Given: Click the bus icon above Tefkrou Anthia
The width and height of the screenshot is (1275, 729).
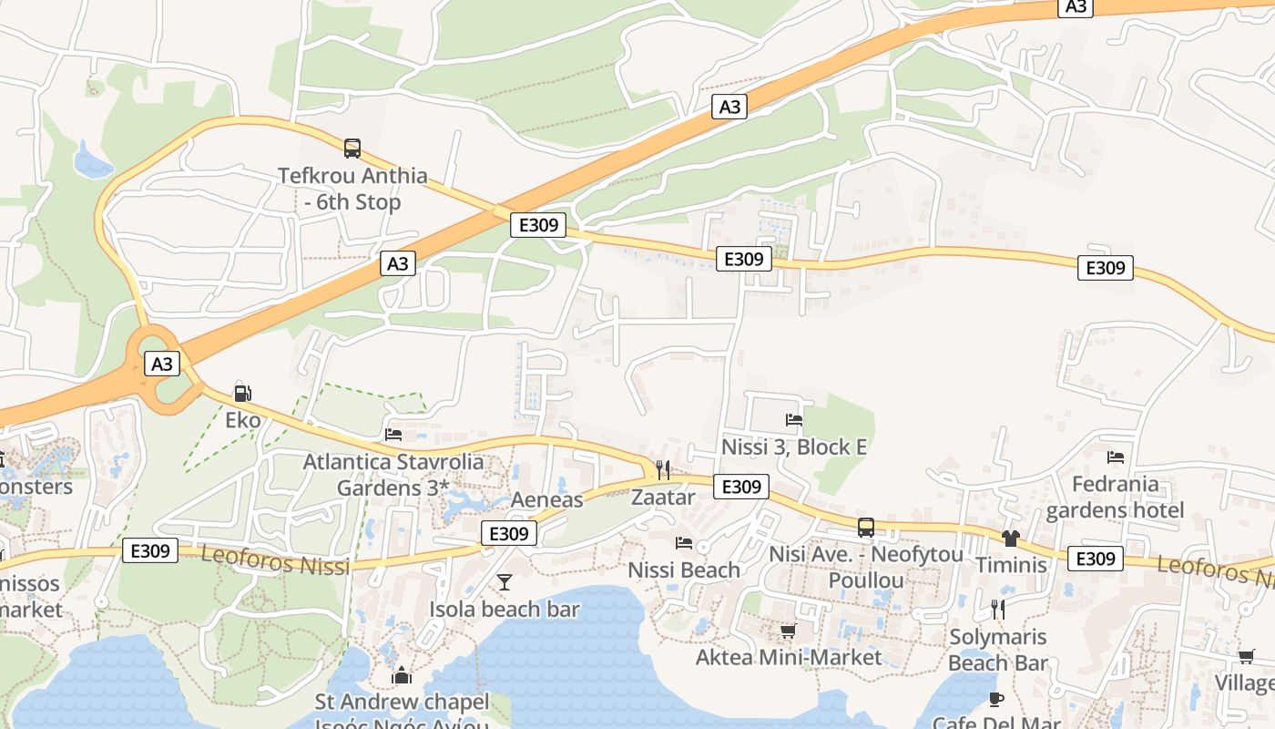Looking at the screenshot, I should click(x=352, y=148).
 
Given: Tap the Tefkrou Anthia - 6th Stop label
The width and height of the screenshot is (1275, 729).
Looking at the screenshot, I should click(x=352, y=189).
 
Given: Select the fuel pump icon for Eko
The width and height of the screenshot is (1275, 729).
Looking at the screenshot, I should click(x=242, y=394).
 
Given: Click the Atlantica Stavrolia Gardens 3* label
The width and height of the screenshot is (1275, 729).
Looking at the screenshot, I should click(x=393, y=475).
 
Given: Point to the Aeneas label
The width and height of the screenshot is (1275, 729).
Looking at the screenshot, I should click(x=546, y=499).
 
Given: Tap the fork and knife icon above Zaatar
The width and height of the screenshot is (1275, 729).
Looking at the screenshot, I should click(x=663, y=470).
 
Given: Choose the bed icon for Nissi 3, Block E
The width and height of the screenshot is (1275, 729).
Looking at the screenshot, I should click(x=794, y=420).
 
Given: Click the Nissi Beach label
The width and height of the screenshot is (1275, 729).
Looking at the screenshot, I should click(x=684, y=570).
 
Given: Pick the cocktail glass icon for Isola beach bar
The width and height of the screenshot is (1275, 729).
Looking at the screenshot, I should click(x=505, y=581).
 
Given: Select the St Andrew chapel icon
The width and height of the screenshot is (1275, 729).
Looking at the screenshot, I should click(x=401, y=675).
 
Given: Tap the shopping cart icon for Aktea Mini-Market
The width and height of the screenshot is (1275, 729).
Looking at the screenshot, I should click(x=789, y=631).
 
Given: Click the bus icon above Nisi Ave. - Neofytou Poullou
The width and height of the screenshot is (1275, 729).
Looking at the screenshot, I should click(x=865, y=527).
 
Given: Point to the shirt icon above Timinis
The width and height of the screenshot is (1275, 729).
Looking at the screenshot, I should click(x=1011, y=538).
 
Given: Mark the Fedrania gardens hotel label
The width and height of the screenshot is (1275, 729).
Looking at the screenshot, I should click(x=1115, y=497).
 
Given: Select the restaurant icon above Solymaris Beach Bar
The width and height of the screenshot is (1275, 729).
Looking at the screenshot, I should click(x=998, y=609).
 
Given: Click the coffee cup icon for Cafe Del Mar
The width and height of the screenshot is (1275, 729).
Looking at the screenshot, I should click(x=996, y=699).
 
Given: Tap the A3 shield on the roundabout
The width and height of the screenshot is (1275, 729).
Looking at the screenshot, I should click(x=161, y=364).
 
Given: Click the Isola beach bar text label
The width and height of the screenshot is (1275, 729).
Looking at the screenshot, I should click(x=505, y=609).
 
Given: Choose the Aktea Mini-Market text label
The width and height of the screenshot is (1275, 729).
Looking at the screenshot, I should click(x=789, y=657).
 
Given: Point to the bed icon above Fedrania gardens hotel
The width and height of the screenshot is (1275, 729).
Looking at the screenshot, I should click(x=1116, y=457).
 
